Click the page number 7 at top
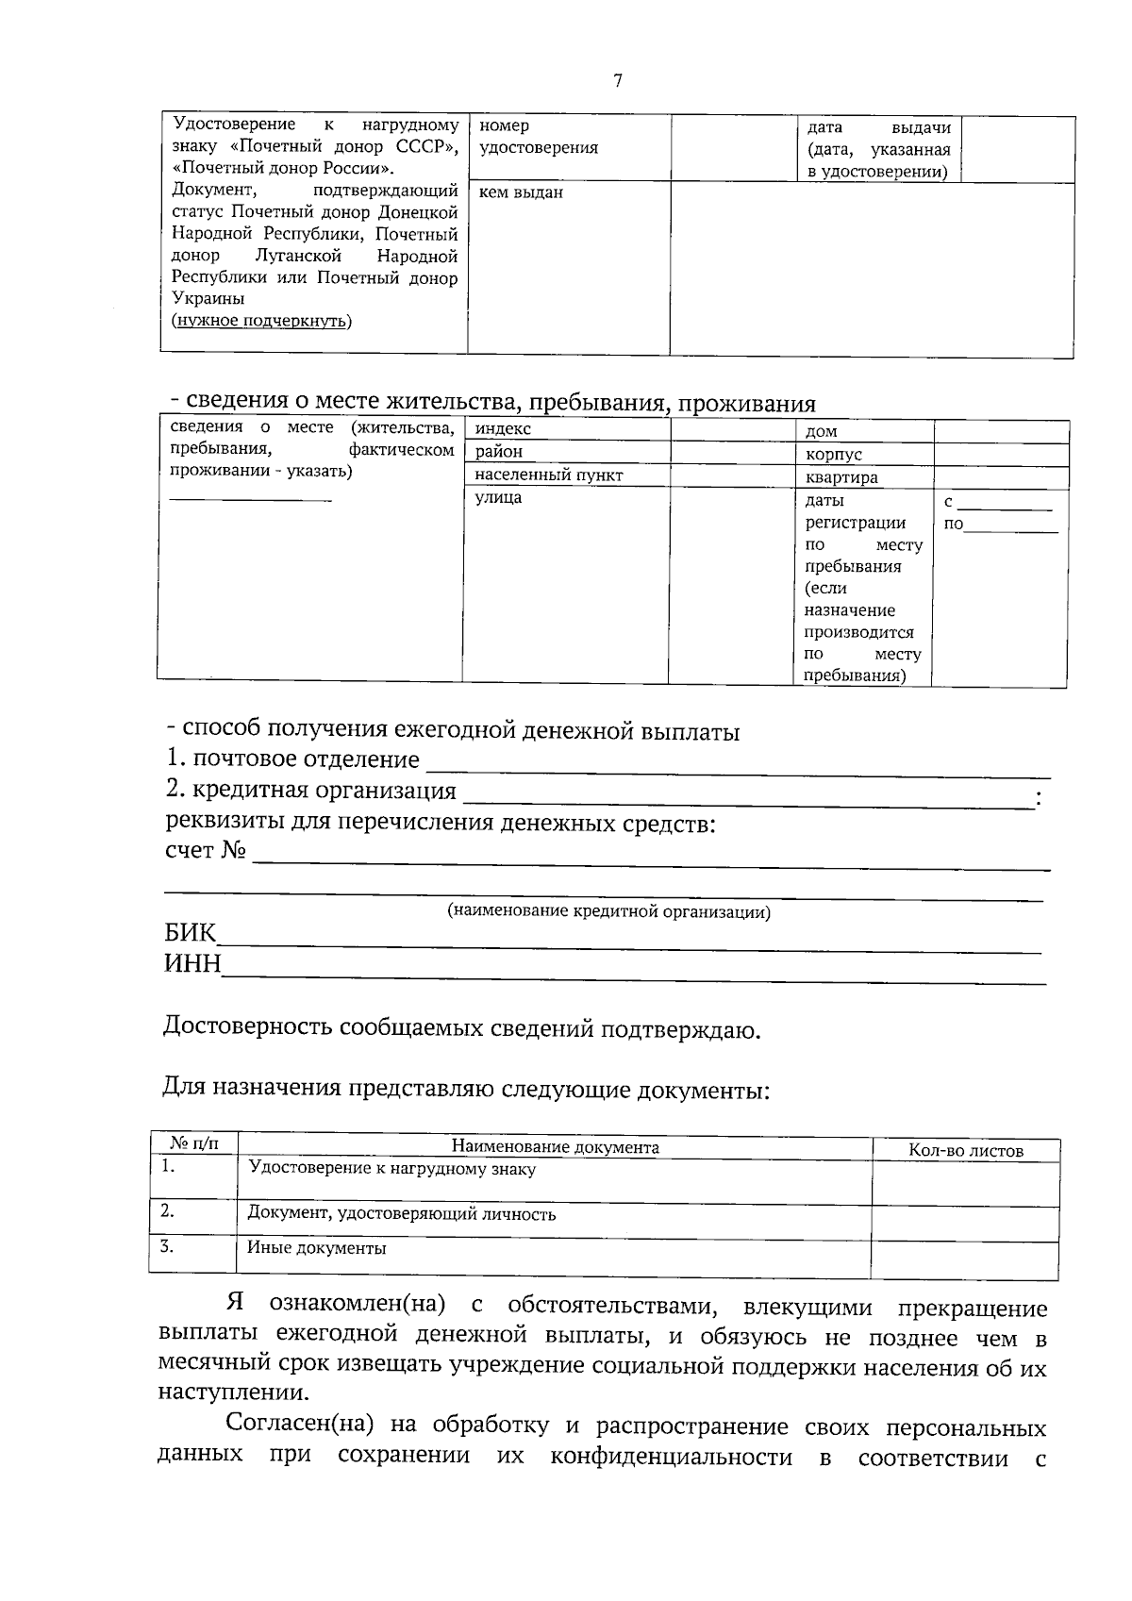click(618, 81)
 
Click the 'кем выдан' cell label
click(521, 192)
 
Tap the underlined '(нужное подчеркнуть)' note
click(261, 321)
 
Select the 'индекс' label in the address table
click(503, 429)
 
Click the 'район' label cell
click(499, 452)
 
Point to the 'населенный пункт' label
click(548, 475)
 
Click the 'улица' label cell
click(498, 498)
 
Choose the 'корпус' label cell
click(833, 455)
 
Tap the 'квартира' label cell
click(841, 477)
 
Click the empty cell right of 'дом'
click(1000, 431)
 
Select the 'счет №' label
click(205, 851)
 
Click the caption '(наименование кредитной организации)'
click(608, 912)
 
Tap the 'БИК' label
click(190, 934)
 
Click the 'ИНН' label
click(192, 964)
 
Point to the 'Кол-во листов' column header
click(965, 1151)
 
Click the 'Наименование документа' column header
click(555, 1148)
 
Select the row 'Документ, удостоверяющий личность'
click(401, 1215)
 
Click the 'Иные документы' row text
click(317, 1249)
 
